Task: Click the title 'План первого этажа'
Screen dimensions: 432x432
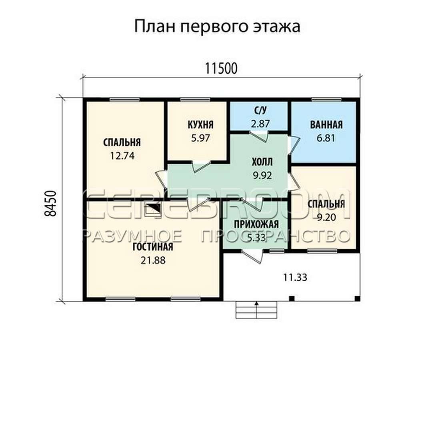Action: tap(217, 27)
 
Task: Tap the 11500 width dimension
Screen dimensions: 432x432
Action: tap(221, 69)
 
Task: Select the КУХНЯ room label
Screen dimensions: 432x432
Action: tap(200, 125)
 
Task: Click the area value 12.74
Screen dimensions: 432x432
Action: tap(122, 156)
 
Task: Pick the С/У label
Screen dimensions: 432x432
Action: tap(260, 111)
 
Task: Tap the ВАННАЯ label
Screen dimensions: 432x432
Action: tap(326, 125)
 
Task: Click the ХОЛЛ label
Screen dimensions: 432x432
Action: tap(262, 162)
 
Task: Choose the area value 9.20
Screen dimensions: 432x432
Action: tap(326, 218)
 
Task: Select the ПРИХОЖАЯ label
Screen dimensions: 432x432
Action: tap(256, 224)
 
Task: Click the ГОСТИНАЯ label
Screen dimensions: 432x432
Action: tap(153, 247)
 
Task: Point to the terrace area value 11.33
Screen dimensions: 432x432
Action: tap(295, 278)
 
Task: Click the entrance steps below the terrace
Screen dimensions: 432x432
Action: tap(256, 310)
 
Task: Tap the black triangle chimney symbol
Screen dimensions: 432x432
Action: tap(153, 208)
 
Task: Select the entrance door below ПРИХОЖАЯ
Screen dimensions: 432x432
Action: tap(252, 256)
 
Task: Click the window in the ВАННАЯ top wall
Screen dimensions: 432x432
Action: tap(326, 100)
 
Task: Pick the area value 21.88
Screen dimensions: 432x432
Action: tap(153, 260)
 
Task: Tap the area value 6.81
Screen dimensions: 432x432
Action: tap(326, 138)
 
